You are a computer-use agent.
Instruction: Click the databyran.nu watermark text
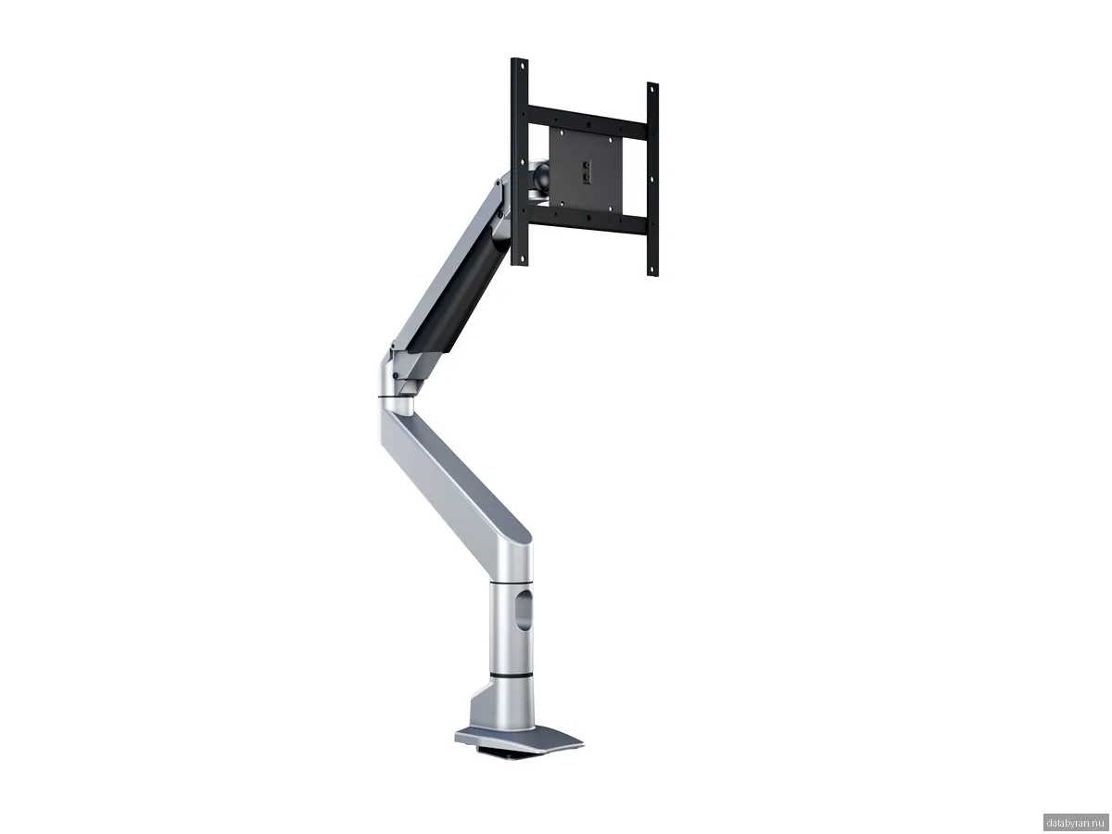(x=1075, y=822)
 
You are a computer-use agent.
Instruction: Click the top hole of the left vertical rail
(x=519, y=66)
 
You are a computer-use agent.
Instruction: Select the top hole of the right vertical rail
(x=652, y=90)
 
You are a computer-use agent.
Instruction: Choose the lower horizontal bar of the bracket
(x=584, y=223)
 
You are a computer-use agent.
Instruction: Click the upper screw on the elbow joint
(x=393, y=350)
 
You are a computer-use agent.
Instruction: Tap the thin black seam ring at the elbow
(x=393, y=398)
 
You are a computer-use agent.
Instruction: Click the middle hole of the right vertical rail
(x=651, y=180)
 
